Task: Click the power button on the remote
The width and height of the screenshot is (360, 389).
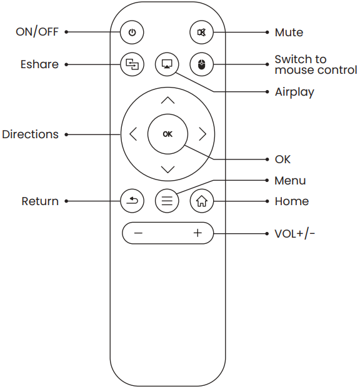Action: pos(132,32)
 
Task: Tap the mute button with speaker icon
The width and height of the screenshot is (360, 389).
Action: pos(201,32)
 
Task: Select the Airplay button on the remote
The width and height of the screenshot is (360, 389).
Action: pos(167,64)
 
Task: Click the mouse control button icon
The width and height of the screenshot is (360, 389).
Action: pos(201,64)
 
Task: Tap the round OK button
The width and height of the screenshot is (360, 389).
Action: pos(167,134)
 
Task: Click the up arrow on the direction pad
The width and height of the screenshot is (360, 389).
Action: pos(167,100)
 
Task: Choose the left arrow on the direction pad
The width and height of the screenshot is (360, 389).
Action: pos(132,134)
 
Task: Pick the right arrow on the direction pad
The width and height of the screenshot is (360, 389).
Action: pos(202,134)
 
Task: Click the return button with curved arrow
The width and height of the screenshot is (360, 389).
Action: pos(132,201)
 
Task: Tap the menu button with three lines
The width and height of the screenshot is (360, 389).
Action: pos(167,201)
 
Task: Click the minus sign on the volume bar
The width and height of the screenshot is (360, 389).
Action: pos(138,233)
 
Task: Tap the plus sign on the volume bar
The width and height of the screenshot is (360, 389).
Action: pos(197,233)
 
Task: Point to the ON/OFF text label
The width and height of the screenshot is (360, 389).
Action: pos(37,32)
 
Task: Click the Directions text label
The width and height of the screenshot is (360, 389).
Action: pos(30,134)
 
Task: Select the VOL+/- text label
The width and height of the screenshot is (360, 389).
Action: pos(295,234)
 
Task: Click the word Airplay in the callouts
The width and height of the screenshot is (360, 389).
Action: pos(294,92)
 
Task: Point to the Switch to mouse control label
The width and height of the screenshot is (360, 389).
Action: pos(316,64)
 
